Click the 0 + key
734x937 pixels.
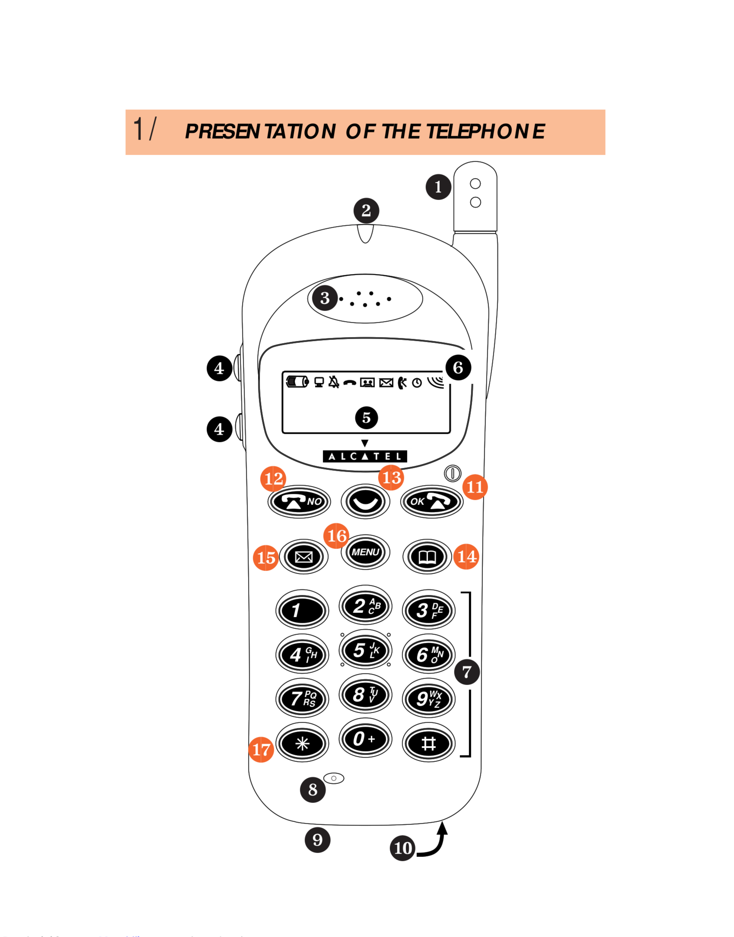click(x=365, y=739)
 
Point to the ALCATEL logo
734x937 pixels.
click(x=365, y=456)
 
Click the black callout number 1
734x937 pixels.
click(x=438, y=187)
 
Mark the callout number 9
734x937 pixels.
click(x=318, y=840)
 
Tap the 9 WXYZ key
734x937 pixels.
click(x=429, y=698)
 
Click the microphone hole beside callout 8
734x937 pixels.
click(x=334, y=778)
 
